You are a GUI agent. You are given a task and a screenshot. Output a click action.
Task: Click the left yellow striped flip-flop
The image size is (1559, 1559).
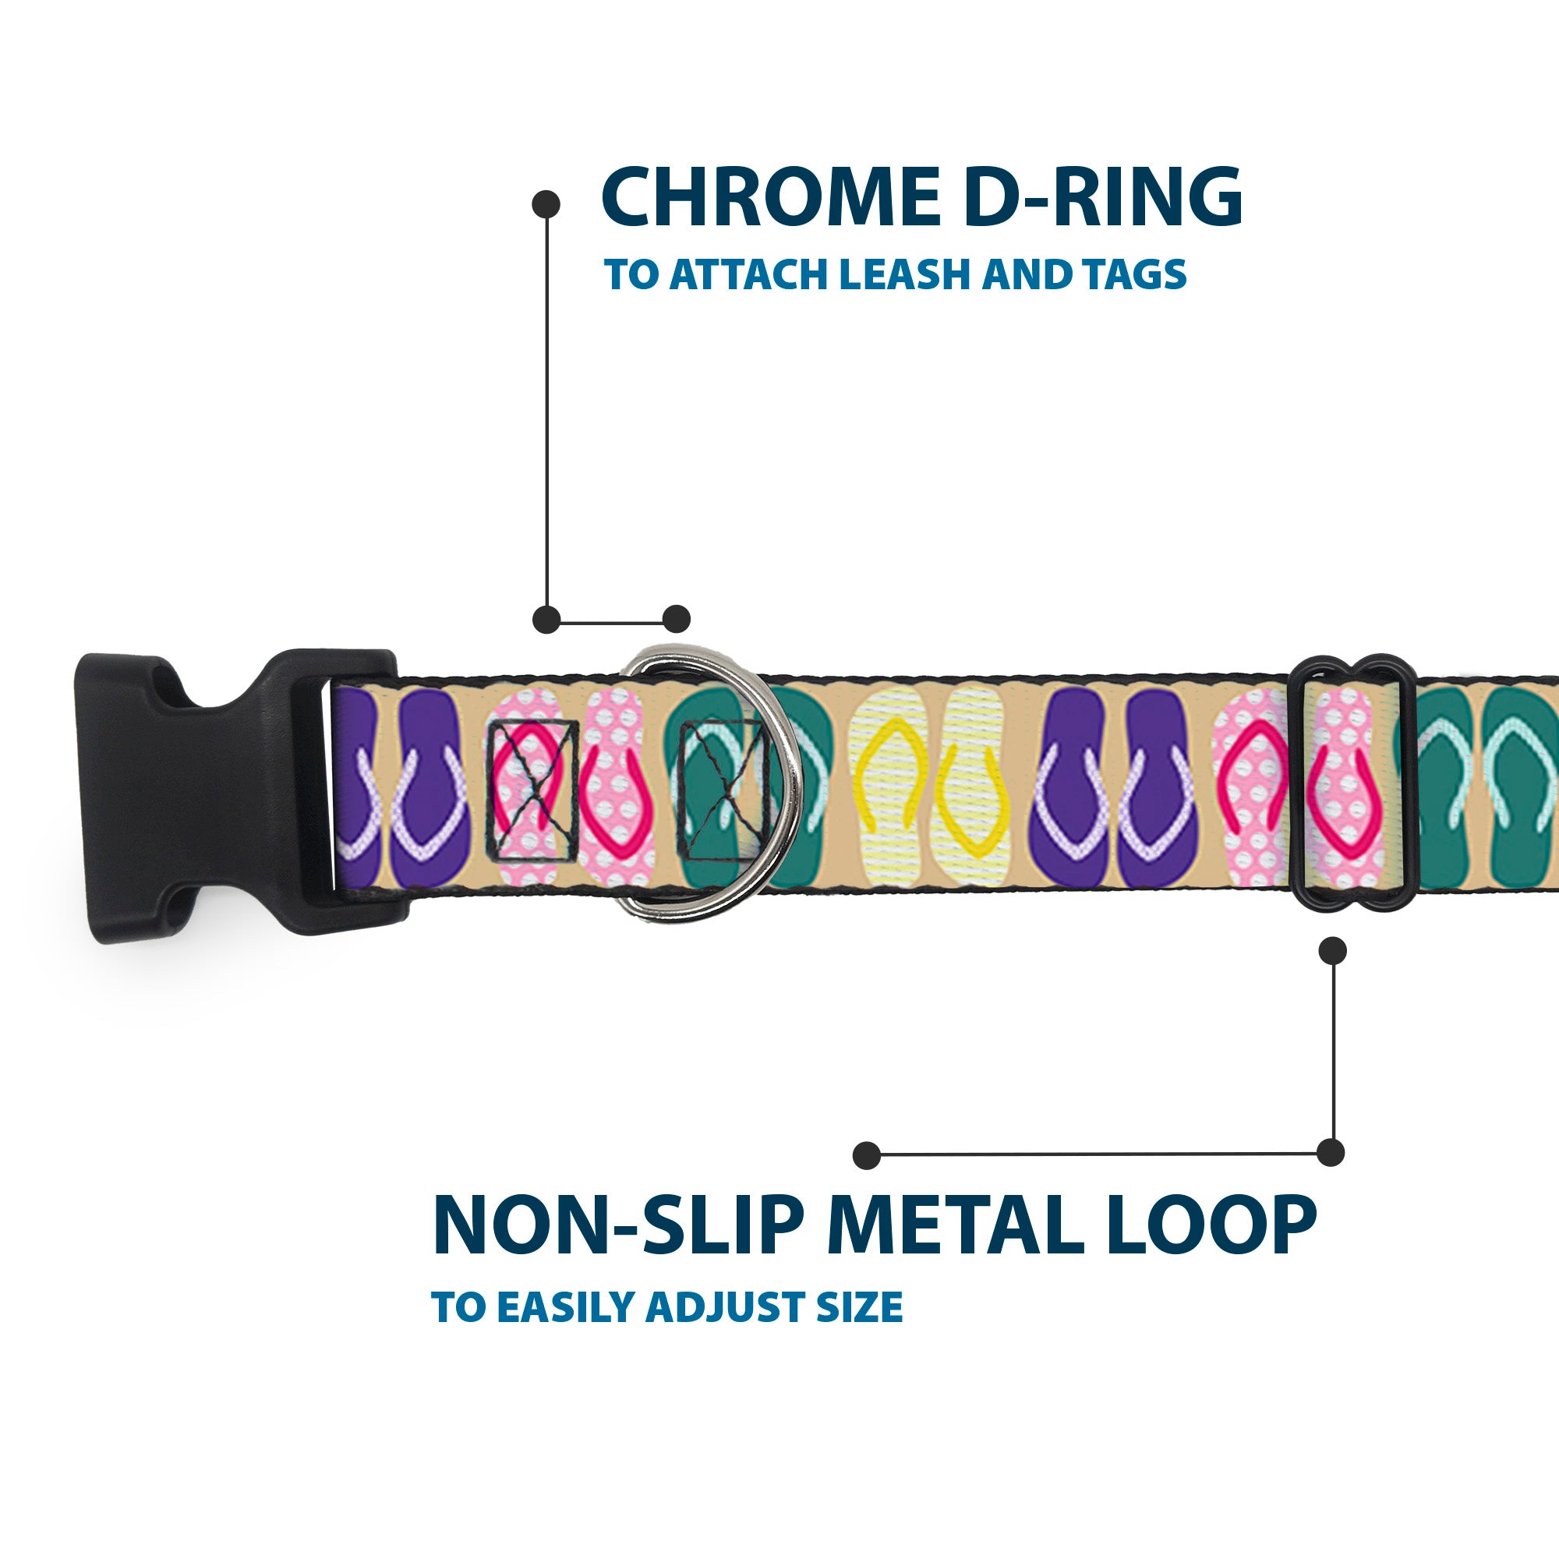[892, 787]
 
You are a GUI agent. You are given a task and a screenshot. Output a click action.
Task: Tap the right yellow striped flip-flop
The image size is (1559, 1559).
[972, 787]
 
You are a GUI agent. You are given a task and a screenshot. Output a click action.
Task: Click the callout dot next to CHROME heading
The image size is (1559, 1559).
[546, 203]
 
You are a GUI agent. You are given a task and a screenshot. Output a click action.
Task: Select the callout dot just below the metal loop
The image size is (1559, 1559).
[1331, 951]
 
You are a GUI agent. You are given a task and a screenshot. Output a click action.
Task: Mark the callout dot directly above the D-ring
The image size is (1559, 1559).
[676, 620]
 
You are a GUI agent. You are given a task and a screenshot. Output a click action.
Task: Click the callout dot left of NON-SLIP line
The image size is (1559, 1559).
[867, 1154]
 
